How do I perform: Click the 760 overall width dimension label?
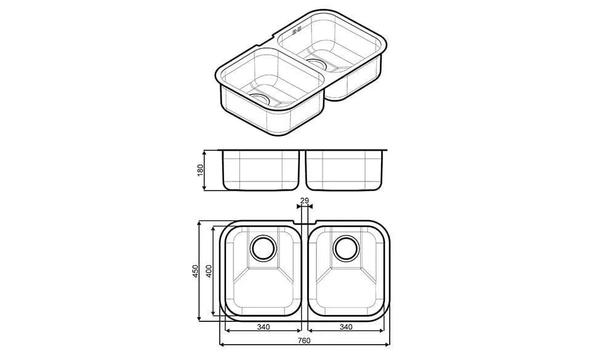(304, 340)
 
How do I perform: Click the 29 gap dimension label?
(304, 201)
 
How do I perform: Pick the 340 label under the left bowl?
(263, 327)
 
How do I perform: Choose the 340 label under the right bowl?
(346, 327)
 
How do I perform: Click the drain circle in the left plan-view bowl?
(263, 248)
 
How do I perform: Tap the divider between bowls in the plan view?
(304, 271)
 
